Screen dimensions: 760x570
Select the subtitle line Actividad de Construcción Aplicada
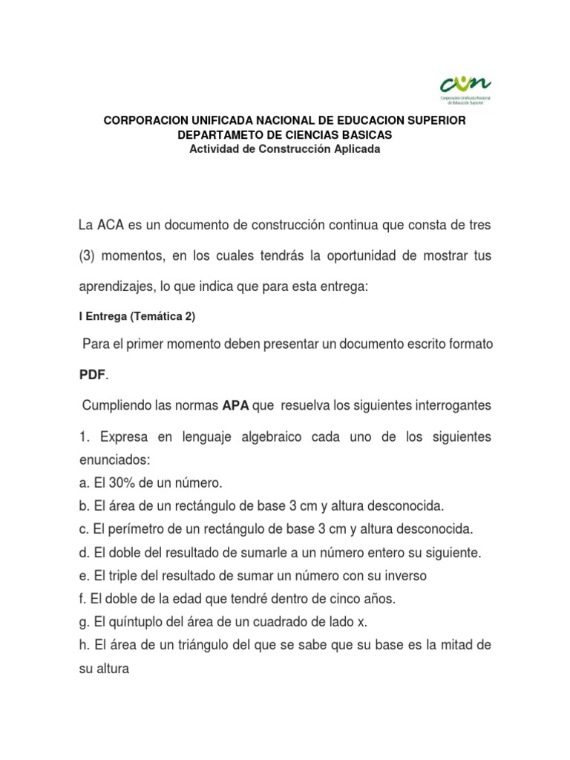coord(285,148)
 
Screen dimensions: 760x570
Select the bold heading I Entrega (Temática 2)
coord(137,316)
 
